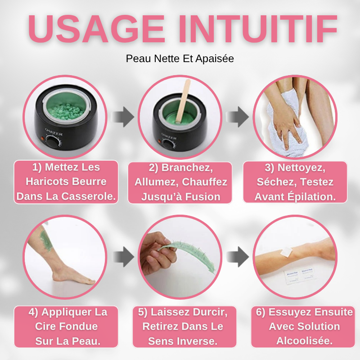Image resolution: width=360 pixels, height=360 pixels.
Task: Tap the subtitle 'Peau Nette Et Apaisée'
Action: coord(180,59)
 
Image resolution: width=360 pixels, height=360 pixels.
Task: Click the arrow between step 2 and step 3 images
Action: coord(238,117)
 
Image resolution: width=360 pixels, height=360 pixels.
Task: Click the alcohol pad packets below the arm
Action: coord(288,278)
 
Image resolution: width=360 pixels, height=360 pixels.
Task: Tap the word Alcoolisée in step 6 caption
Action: coord(305,341)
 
